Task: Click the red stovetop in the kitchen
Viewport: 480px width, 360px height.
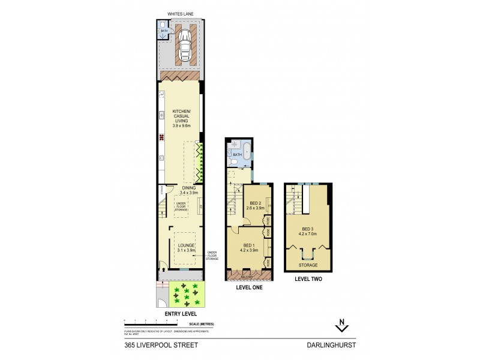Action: tap(161, 137)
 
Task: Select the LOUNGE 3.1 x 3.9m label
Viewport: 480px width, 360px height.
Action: tap(185, 247)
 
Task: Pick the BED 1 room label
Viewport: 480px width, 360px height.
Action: tap(248, 246)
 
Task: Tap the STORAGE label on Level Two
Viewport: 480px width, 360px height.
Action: tap(308, 265)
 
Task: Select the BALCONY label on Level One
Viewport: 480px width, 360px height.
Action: tap(248, 276)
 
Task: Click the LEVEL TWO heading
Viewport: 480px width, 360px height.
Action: tap(308, 280)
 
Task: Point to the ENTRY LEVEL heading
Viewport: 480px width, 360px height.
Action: tap(182, 313)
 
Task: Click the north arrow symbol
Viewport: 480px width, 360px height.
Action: tap(341, 326)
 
